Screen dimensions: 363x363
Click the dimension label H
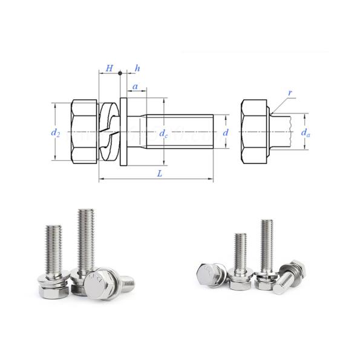(109, 68)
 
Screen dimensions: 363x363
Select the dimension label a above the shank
(136, 88)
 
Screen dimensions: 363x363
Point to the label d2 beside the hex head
(55, 131)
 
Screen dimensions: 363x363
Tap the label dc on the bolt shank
(163, 134)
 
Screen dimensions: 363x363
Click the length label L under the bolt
(159, 173)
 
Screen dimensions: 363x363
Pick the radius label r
(290, 93)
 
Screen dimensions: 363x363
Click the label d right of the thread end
(225, 131)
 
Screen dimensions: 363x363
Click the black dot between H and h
(120, 73)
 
